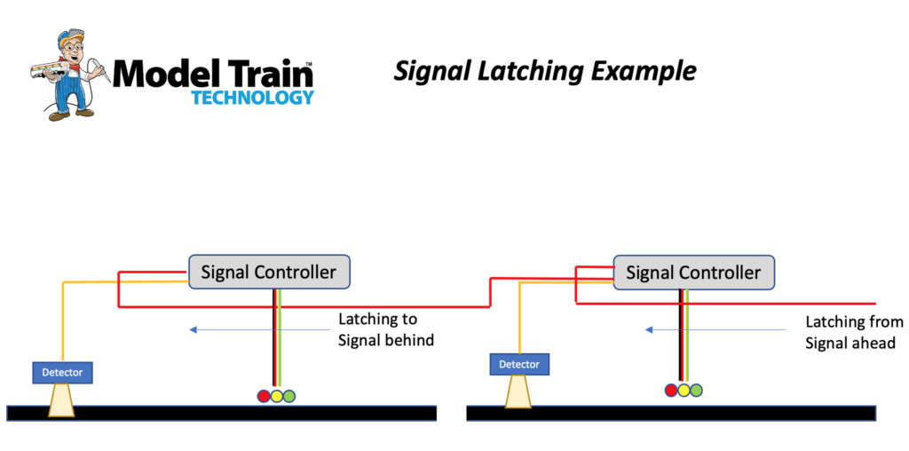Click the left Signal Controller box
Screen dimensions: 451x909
click(269, 272)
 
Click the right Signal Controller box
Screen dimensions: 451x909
click(693, 272)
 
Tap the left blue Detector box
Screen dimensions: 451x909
click(62, 372)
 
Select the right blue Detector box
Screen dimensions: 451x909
click(519, 364)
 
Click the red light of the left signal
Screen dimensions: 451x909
click(264, 396)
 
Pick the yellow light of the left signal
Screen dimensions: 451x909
click(276, 396)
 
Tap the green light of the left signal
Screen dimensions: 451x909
click(289, 396)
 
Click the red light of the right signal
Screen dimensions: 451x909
click(671, 389)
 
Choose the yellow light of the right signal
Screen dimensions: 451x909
click(684, 389)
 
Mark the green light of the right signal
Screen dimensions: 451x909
click(696, 389)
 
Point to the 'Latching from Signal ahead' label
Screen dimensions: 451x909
click(853, 332)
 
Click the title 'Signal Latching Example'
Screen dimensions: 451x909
click(545, 71)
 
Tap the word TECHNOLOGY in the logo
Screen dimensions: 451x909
click(252, 97)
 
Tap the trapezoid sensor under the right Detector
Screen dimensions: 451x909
click(519, 391)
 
